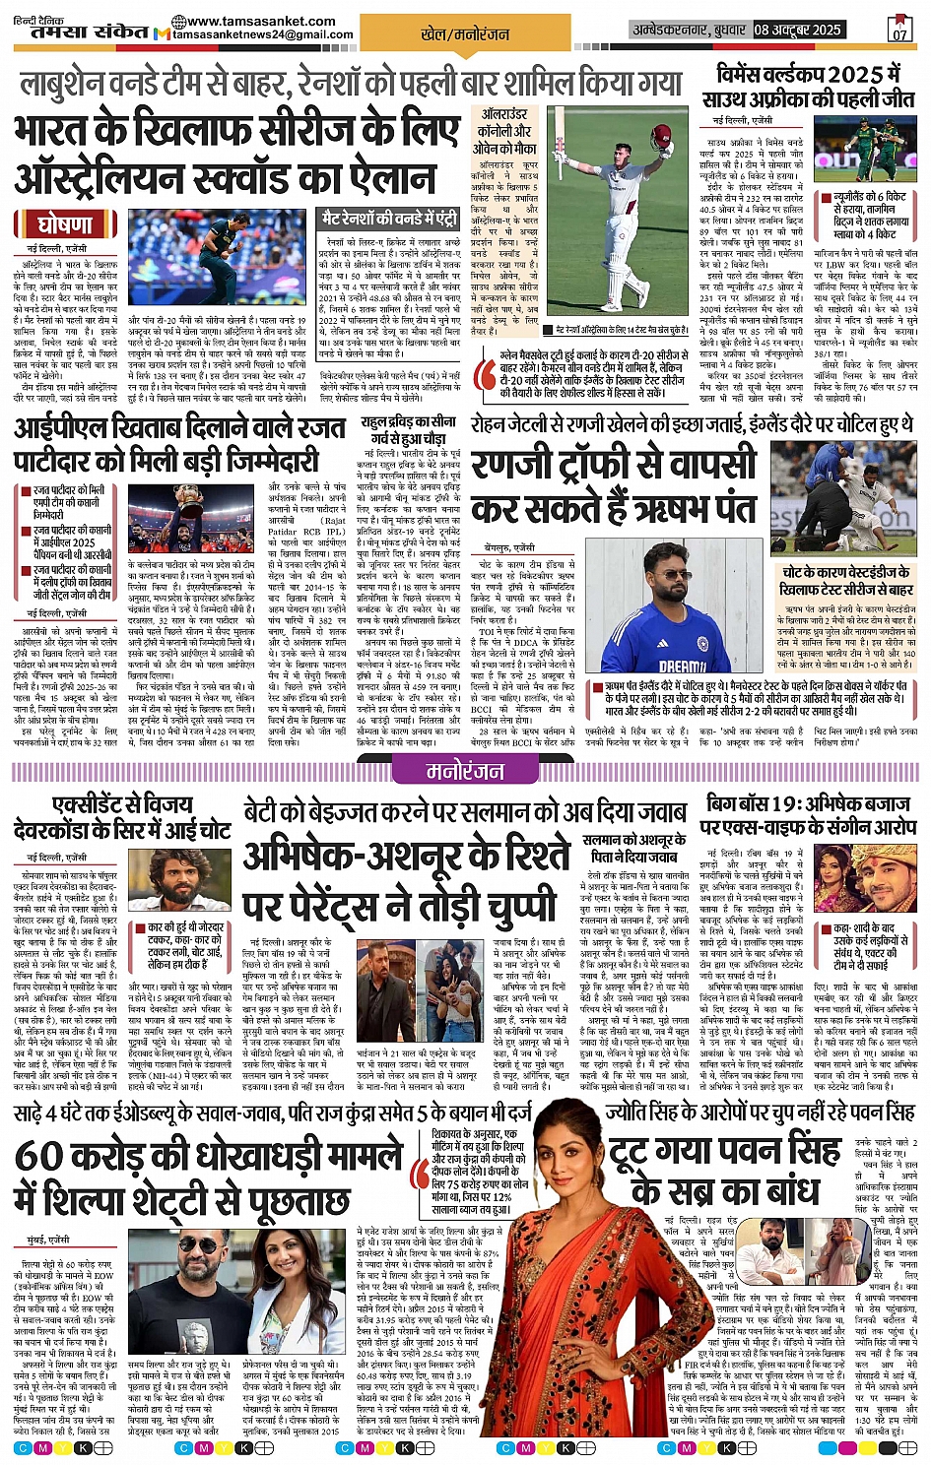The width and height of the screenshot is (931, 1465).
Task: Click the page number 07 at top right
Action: click(x=899, y=29)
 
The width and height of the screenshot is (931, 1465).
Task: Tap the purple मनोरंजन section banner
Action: click(x=464, y=771)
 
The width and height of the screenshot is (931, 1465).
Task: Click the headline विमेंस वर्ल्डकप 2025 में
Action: click(x=810, y=75)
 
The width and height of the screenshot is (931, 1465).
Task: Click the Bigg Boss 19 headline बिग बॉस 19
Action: click(x=754, y=804)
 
